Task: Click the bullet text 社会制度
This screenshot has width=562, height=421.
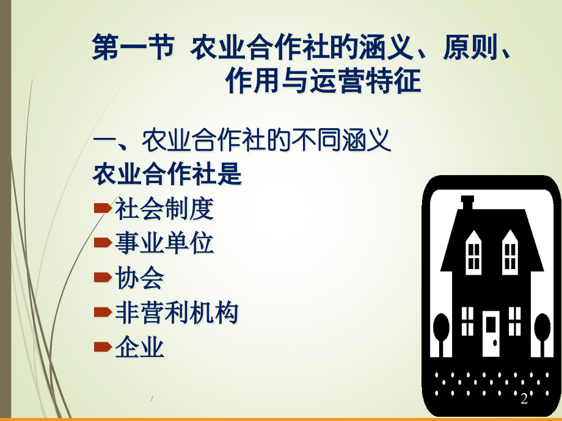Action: (164, 209)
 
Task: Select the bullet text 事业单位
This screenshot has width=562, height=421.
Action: (164, 244)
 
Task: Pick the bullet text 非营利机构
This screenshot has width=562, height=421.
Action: (177, 314)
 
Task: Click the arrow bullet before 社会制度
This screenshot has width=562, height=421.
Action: (102, 209)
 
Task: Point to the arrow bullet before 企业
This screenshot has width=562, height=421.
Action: (102, 348)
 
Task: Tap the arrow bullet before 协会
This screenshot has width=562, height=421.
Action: (102, 279)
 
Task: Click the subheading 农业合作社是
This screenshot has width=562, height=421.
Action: (167, 176)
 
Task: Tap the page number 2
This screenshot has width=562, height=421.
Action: (524, 399)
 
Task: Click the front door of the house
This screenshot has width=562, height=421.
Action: (491, 333)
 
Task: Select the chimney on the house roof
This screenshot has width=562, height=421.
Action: (468, 203)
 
